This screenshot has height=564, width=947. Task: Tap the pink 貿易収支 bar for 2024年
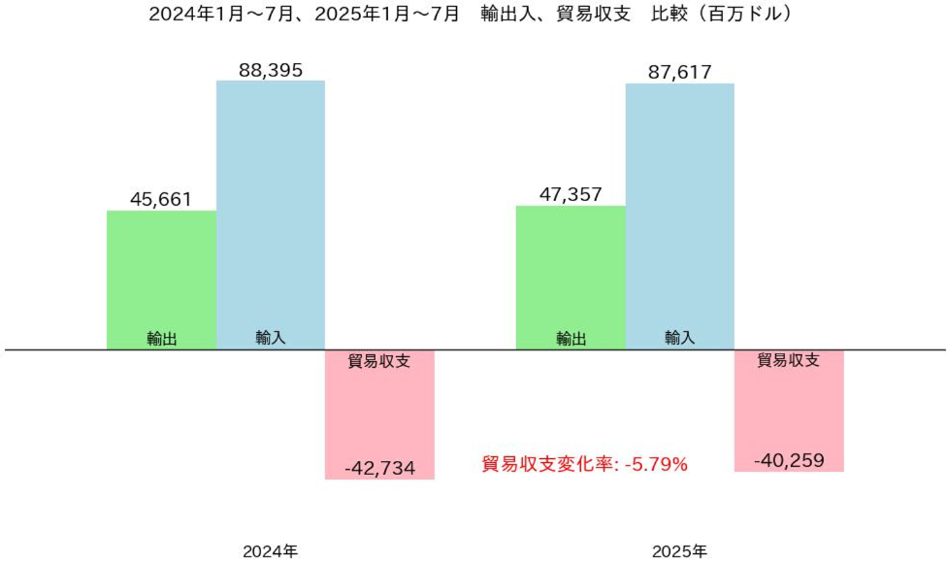(379, 413)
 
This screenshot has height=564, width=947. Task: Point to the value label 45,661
(161, 200)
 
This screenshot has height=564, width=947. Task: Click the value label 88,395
(271, 70)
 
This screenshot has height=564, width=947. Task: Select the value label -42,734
(379, 468)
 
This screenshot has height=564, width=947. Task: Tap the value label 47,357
(571, 194)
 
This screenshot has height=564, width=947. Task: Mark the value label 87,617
(679, 71)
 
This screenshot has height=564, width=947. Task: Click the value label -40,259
(789, 460)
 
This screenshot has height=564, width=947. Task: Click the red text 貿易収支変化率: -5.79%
(584, 464)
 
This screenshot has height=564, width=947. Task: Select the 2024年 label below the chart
(271, 551)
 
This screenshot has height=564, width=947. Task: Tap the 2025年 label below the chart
(679, 551)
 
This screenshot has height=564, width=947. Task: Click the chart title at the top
(473, 16)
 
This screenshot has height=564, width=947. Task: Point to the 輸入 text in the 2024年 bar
(271, 338)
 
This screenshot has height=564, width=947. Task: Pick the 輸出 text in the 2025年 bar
(571, 339)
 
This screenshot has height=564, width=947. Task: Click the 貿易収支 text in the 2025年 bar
(789, 360)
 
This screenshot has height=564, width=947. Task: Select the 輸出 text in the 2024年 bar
(161, 339)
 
